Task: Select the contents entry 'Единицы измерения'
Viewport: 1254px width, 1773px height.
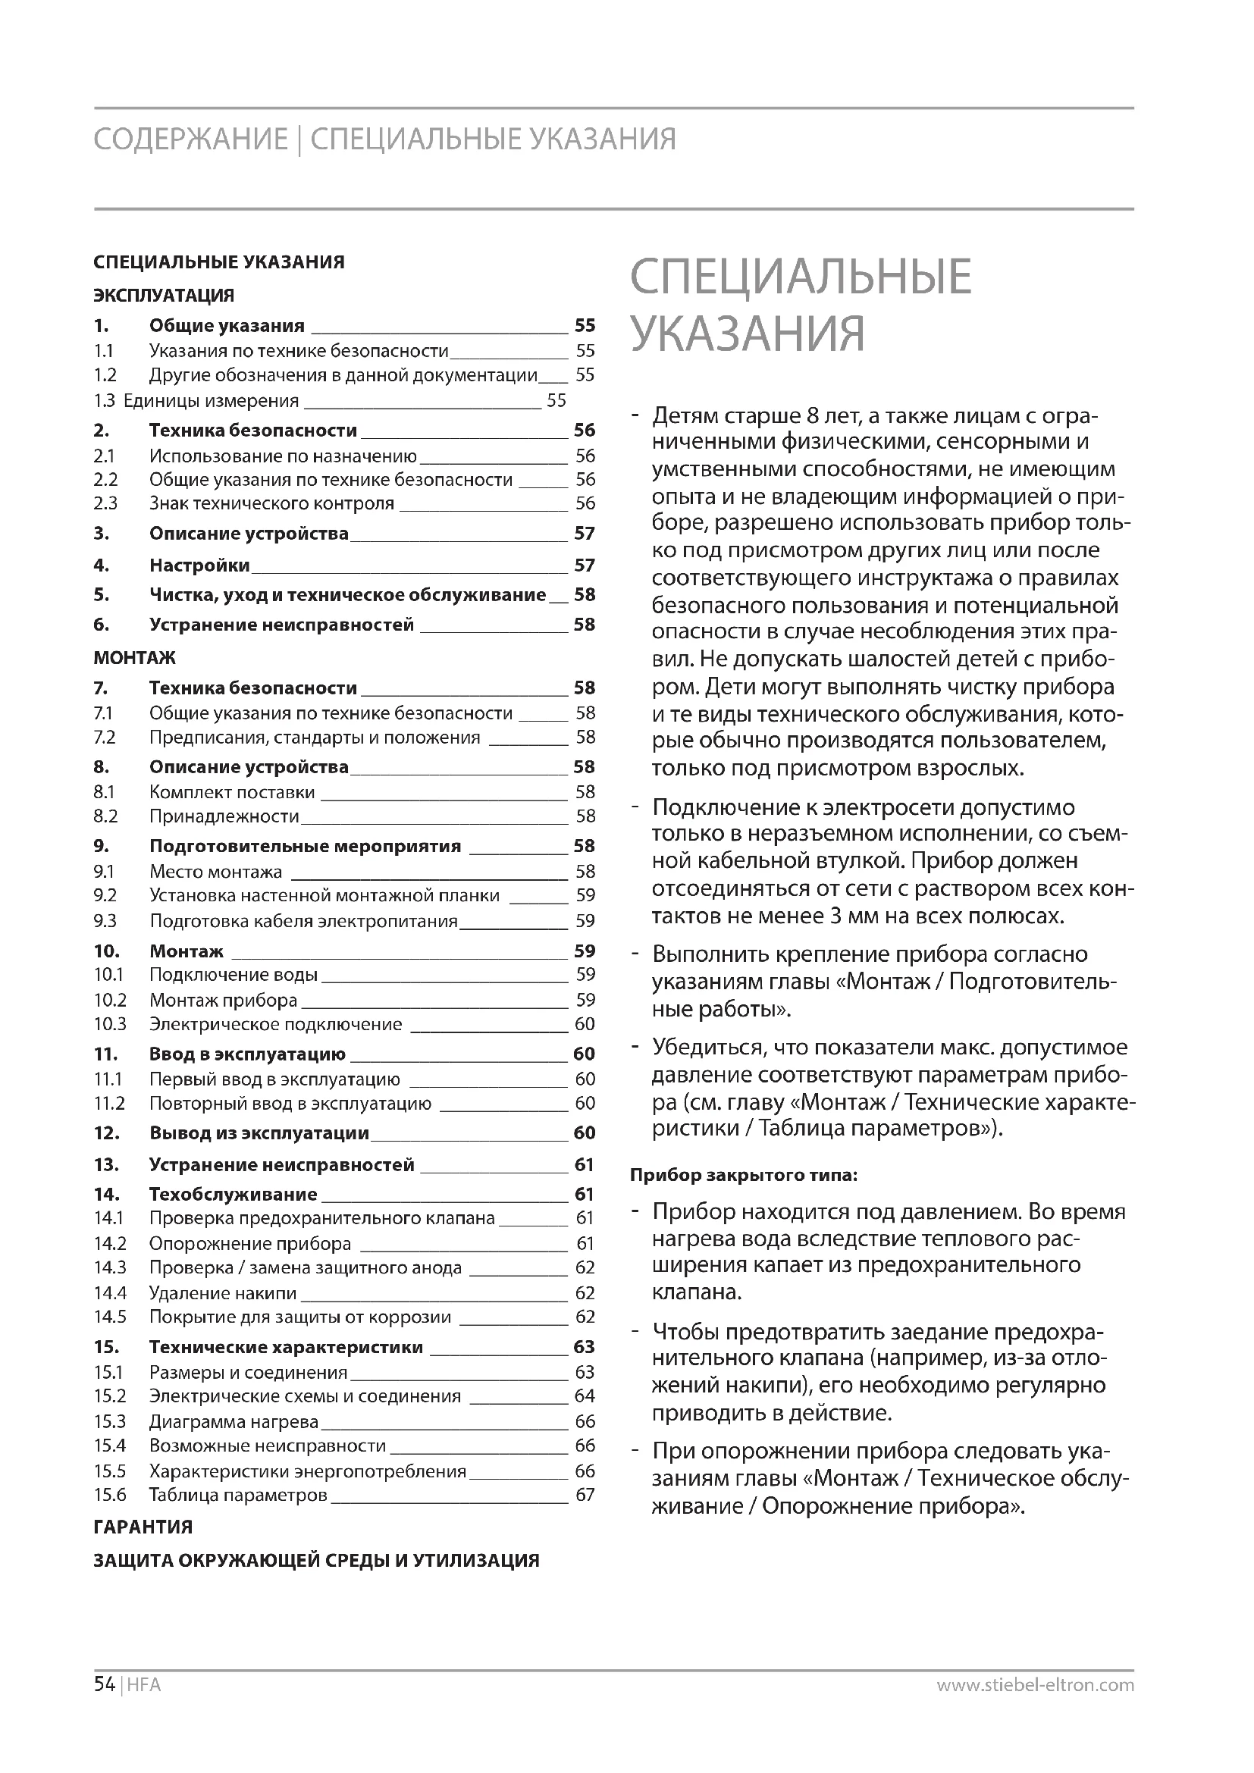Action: (x=211, y=401)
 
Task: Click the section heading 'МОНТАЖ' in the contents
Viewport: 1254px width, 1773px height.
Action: (x=134, y=658)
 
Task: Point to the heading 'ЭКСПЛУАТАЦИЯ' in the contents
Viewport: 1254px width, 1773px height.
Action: (x=164, y=296)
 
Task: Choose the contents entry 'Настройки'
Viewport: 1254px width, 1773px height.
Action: (x=199, y=565)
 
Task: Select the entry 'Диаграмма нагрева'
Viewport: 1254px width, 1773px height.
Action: (x=234, y=1421)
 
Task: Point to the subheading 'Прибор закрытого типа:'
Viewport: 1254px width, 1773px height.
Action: (x=743, y=1176)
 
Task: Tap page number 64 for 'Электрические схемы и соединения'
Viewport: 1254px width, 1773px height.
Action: (x=585, y=1396)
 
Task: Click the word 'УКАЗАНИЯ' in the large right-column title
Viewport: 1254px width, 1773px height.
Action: (x=747, y=334)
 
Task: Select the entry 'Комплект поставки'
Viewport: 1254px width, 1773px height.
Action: (x=232, y=792)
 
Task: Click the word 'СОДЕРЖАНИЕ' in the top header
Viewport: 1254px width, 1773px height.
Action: (x=190, y=139)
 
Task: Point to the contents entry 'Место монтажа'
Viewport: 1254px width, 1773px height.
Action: (x=215, y=872)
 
